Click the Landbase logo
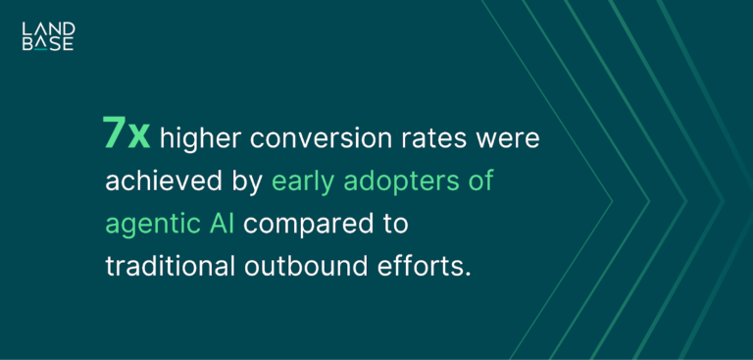tap(47, 36)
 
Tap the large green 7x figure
tap(126, 135)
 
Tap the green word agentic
tap(148, 225)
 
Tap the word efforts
tap(425, 266)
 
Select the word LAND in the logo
tap(47, 28)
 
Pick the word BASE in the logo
tap(47, 44)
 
